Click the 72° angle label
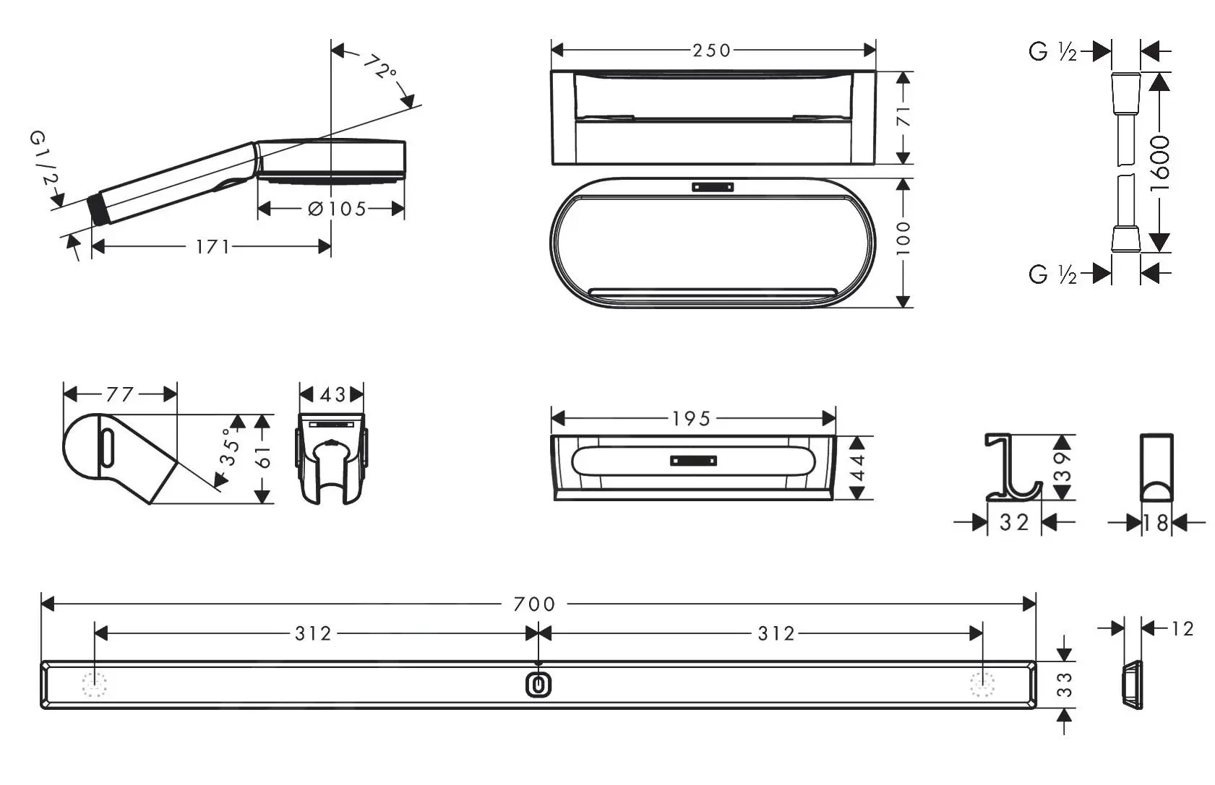379,67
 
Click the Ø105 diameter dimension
338,209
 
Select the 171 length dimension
212,247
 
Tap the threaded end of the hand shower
98,210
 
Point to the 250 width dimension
711,51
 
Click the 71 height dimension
903,116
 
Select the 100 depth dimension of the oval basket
903,238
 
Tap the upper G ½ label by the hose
1052,52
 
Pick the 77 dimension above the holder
120,394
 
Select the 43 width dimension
332,395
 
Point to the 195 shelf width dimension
691,419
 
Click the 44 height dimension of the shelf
858,467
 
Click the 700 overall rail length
535,604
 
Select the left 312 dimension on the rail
313,634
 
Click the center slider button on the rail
538,685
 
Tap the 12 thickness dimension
1182,629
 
